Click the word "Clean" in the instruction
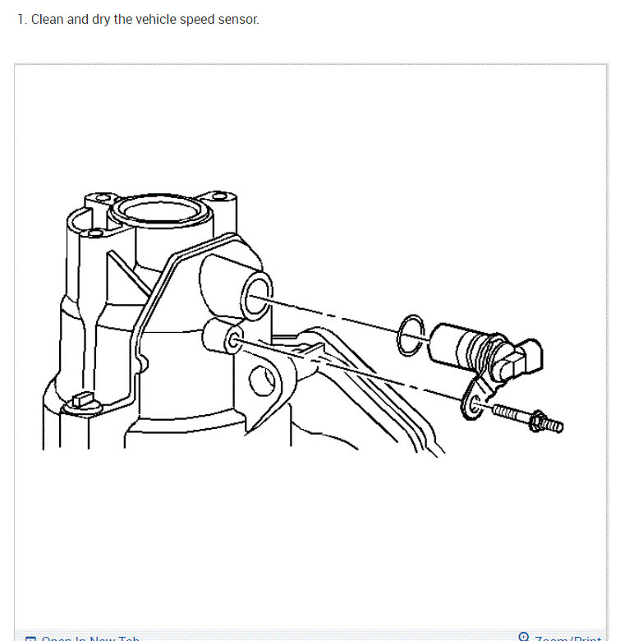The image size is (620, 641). coord(47,19)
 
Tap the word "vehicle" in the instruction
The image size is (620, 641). coord(135,19)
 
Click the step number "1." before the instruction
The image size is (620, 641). coord(22,19)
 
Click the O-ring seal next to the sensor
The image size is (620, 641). coord(411,336)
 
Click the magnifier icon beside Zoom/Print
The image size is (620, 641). coord(524,636)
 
